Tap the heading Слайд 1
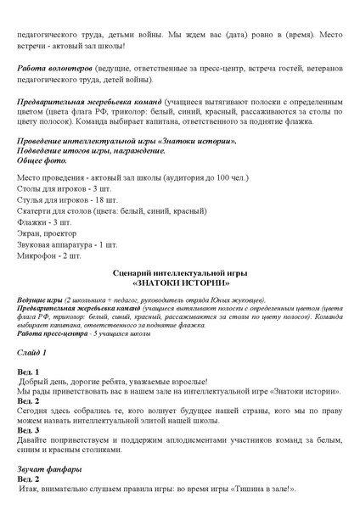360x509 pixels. [32, 351]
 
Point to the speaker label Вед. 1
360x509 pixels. [29, 372]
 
